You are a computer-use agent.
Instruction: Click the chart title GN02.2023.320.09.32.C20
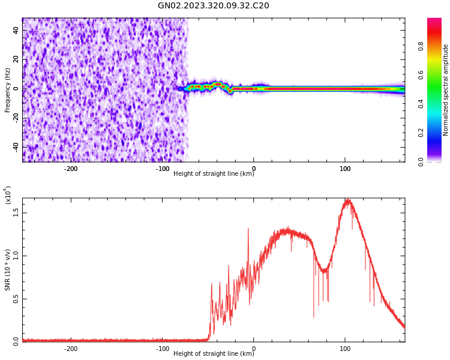(213, 6)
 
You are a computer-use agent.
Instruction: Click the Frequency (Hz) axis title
(8, 90)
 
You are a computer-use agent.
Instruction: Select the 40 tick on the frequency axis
(16, 30)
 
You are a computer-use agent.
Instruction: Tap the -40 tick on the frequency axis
(14, 147)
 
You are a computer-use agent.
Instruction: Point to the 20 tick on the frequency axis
(16, 59)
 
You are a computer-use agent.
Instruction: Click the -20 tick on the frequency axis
(14, 118)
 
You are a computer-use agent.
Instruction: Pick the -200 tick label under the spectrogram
(71, 169)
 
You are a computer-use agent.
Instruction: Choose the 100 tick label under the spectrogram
(345, 169)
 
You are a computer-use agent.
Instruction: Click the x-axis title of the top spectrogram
(214, 174)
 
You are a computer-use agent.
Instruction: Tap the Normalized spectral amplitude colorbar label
(446, 90)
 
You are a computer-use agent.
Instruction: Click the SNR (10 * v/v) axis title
(8, 270)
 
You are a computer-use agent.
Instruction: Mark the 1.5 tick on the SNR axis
(16, 212)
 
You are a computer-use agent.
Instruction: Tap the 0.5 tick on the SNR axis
(16, 299)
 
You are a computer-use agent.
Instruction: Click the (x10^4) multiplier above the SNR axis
(8, 196)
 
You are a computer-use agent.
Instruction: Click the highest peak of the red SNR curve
(347, 200)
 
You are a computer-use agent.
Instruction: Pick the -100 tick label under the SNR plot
(162, 349)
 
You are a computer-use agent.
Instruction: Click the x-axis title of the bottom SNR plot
(214, 354)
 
